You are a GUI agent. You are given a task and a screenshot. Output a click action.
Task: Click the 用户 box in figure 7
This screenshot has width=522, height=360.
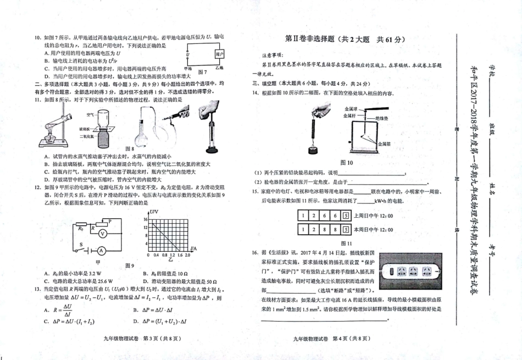[219, 54]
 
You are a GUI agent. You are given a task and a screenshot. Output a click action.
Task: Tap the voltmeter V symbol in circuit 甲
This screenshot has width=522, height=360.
[102, 233]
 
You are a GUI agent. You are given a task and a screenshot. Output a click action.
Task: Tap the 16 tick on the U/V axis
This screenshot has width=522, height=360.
[146, 219]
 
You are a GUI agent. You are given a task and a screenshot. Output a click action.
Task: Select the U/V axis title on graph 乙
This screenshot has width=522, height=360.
[153, 212]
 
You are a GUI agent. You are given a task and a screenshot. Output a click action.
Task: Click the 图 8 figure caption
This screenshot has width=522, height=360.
[130, 148]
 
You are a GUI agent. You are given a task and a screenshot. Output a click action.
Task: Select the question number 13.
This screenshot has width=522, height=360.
[37, 290]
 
